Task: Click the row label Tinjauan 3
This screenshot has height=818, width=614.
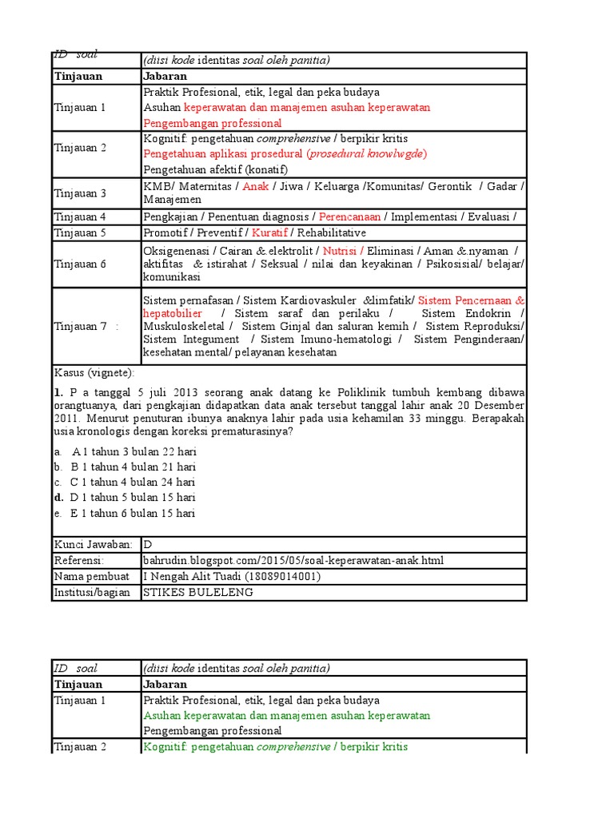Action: [80, 193]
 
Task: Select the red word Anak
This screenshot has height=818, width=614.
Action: [255, 185]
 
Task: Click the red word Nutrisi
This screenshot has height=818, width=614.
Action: [340, 250]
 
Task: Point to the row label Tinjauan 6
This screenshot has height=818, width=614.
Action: [80, 264]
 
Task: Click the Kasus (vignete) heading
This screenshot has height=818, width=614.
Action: [94, 372]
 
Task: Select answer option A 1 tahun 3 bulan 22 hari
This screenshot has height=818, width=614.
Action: [134, 451]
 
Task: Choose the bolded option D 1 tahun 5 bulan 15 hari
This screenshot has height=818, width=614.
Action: [134, 497]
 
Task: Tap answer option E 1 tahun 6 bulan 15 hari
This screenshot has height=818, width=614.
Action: [134, 513]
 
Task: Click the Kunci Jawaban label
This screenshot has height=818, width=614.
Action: [93, 544]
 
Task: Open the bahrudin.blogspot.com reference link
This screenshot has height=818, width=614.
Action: [293, 560]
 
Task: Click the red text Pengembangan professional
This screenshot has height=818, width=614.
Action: [213, 123]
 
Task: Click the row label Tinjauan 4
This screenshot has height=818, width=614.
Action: [80, 216]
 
